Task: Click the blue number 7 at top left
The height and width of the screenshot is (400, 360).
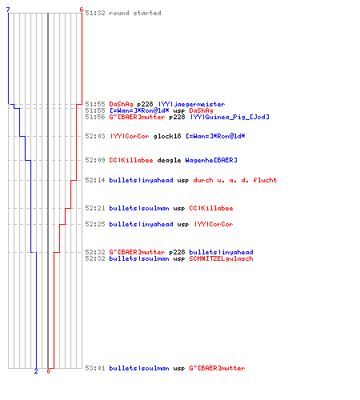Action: click(x=8, y=10)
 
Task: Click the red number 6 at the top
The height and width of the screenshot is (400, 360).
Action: click(x=82, y=10)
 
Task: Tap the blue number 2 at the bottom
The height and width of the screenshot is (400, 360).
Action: click(x=36, y=371)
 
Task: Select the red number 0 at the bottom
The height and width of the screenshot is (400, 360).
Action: click(x=48, y=371)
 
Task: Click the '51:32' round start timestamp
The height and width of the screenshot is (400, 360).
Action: click(x=95, y=13)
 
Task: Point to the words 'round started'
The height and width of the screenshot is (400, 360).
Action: click(x=135, y=13)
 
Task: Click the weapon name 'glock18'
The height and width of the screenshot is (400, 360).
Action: click(x=167, y=136)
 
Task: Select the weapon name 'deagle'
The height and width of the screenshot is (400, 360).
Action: click(x=169, y=160)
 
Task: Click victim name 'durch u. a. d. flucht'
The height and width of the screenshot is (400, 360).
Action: click(x=235, y=180)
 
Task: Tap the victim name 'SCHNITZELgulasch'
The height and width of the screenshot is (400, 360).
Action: click(x=221, y=258)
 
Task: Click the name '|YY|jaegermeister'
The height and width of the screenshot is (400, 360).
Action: click(x=192, y=104)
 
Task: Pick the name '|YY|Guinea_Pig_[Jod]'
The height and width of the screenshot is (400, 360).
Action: click(x=230, y=117)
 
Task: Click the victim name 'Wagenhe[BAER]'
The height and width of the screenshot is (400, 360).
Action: click(x=211, y=160)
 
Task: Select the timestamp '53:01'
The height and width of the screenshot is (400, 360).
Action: click(x=95, y=368)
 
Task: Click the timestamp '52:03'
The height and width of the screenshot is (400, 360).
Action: click(x=95, y=136)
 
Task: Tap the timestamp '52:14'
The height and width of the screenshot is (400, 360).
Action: click(x=95, y=180)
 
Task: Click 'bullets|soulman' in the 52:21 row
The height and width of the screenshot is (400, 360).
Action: click(x=139, y=208)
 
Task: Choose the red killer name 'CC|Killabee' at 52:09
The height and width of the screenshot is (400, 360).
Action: click(x=131, y=160)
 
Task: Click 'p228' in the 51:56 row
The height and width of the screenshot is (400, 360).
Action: click(x=177, y=117)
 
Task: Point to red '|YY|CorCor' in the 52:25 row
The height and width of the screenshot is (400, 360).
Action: click(x=214, y=224)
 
